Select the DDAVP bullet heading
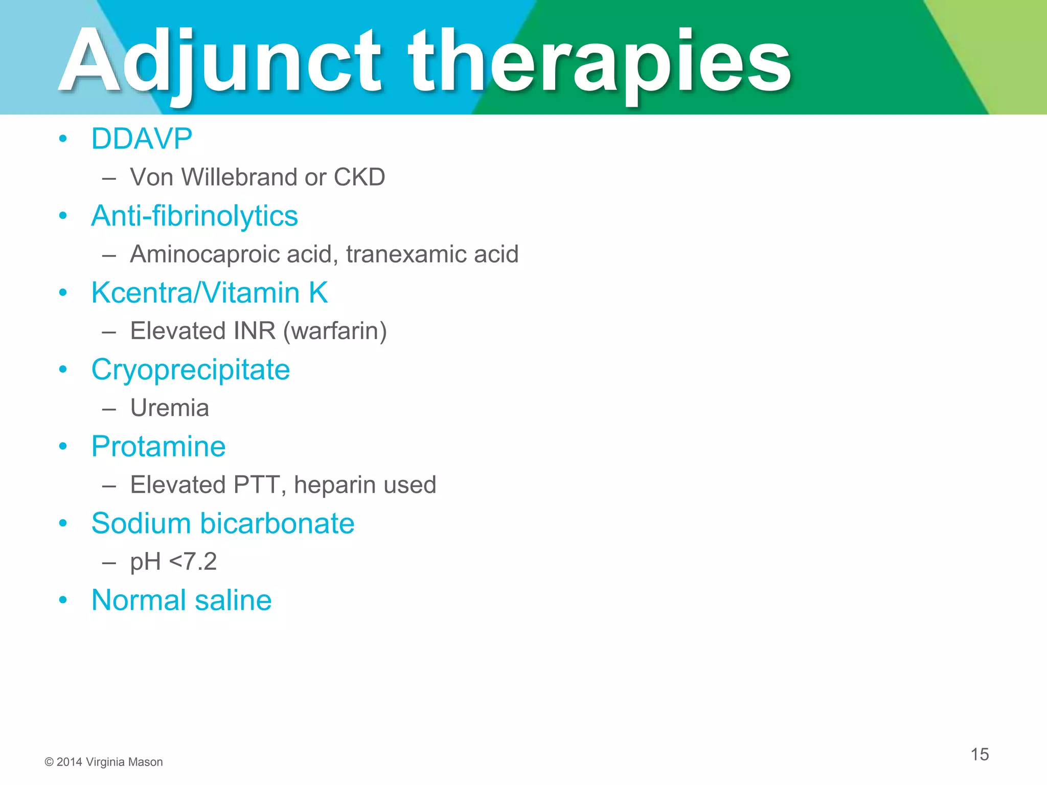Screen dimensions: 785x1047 (x=142, y=138)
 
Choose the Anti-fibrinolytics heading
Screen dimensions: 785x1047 (x=194, y=216)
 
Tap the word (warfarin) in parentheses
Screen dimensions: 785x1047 (x=335, y=331)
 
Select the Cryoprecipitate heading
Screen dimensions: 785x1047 (x=190, y=370)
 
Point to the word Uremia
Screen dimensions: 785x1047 (x=169, y=408)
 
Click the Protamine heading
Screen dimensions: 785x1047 (x=158, y=446)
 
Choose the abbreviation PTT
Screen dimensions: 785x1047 (x=256, y=485)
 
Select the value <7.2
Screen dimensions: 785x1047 (x=193, y=562)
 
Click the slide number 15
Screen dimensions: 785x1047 (x=980, y=754)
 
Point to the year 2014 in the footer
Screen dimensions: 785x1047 (x=69, y=762)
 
